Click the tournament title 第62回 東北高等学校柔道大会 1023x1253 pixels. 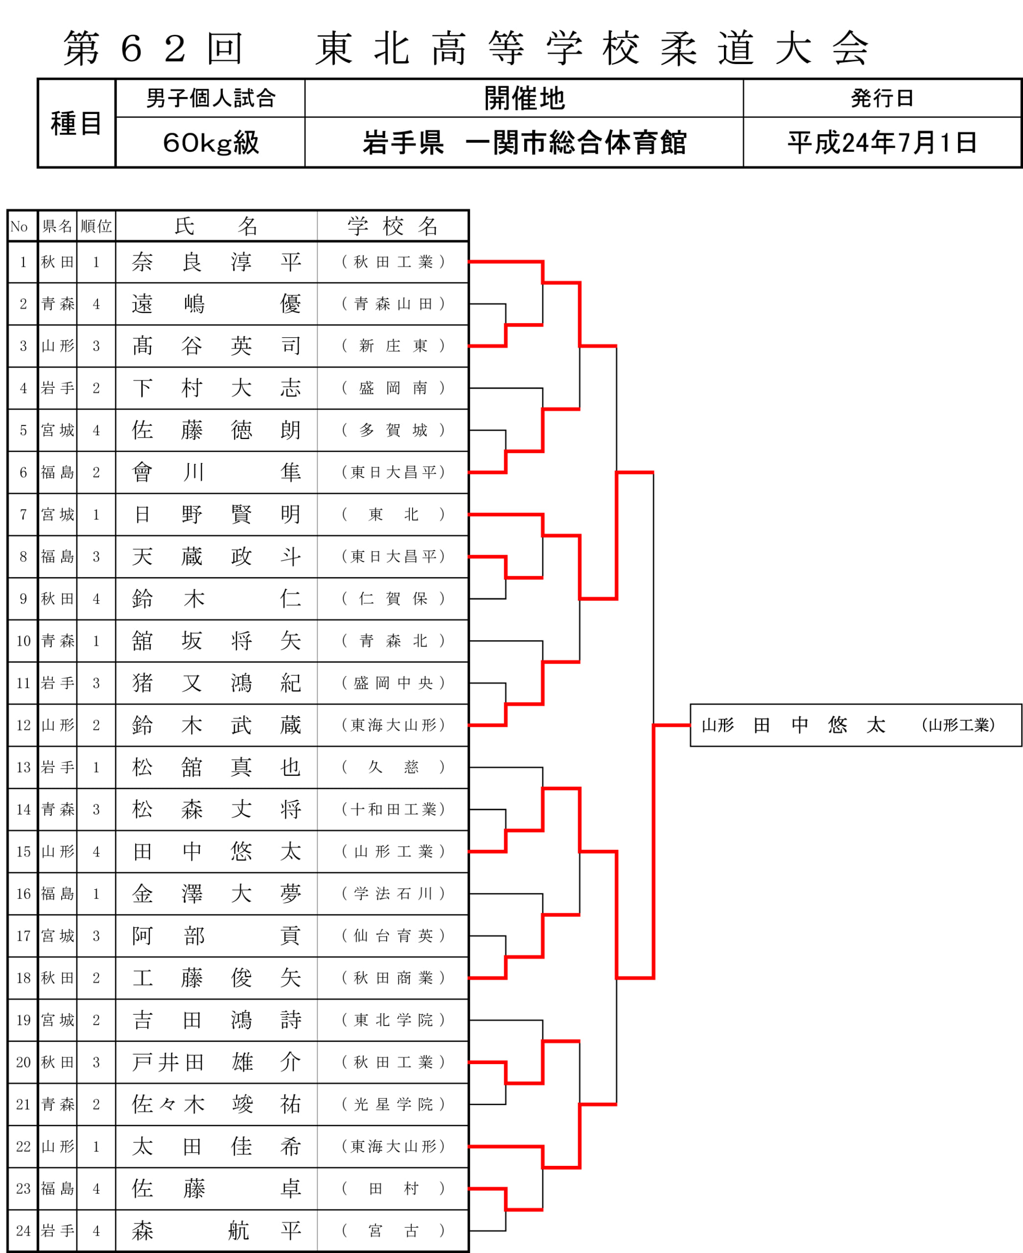[465, 48]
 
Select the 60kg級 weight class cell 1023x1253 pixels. [210, 142]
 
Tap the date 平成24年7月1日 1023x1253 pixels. [882, 142]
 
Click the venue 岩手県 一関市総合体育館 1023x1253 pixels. [524, 142]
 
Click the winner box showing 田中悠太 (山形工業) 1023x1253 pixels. [856, 725]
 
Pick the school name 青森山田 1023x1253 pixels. [393, 304]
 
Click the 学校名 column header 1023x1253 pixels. [393, 226]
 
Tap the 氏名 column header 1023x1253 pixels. [216, 226]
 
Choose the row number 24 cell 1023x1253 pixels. [23, 1230]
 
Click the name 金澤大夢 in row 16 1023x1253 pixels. [216, 894]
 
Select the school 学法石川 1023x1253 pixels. [393, 894]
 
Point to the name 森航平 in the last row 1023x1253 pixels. [216, 1230]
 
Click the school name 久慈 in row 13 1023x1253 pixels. [393, 767]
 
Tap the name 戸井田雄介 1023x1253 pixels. [216, 1062]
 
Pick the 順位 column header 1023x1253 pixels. [96, 226]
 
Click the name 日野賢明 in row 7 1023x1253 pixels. [216, 514]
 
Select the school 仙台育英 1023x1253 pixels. [393, 935]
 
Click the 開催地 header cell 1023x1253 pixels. [524, 98]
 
